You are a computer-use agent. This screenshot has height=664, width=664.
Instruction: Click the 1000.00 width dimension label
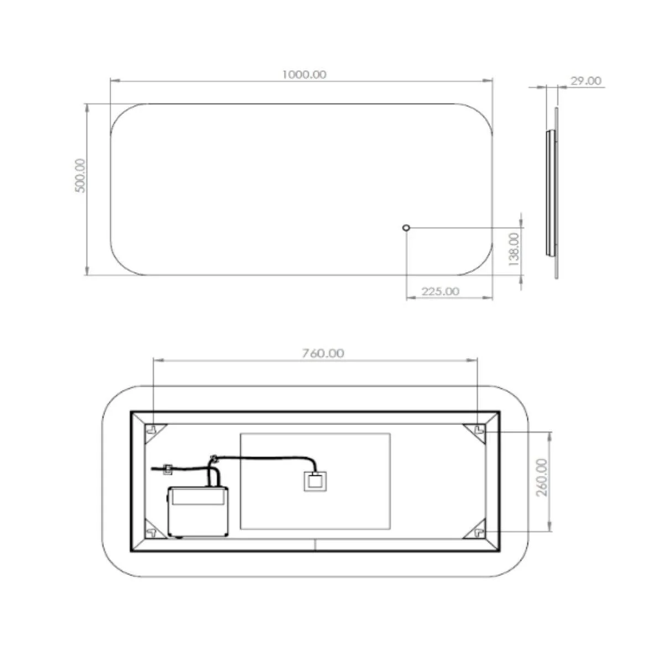coord(304,75)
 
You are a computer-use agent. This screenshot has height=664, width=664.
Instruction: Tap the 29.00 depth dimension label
coord(586,81)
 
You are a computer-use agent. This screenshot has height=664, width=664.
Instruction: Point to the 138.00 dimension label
coord(513,249)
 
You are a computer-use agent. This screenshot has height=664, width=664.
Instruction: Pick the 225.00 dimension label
coord(440,292)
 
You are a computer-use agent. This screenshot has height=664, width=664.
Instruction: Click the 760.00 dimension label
coord(323,354)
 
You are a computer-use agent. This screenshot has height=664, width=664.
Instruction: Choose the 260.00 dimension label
coord(542,477)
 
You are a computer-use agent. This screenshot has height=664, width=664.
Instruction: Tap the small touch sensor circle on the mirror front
coord(407,227)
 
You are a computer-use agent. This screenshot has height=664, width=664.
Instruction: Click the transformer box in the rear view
coord(198,512)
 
